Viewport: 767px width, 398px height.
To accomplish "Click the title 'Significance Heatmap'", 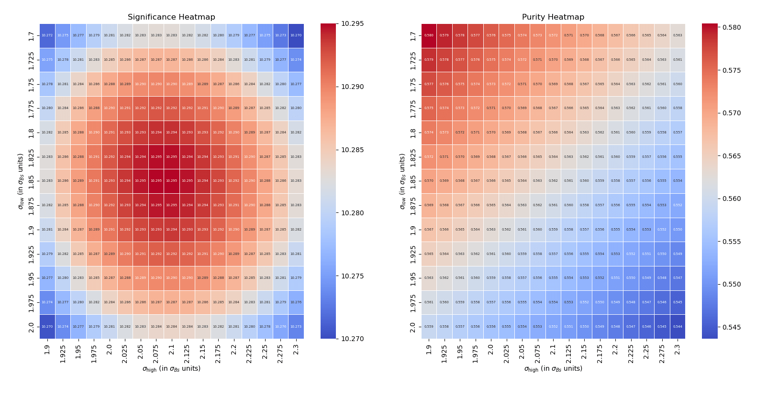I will tap(171, 17).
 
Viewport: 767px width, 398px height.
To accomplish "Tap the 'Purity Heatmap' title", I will tap(553, 17).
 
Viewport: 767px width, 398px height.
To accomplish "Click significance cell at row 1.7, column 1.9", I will tap(47, 35).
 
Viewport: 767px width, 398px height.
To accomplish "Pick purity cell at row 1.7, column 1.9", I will tap(429, 35).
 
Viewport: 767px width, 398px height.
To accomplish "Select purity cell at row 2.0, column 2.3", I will tap(678, 327).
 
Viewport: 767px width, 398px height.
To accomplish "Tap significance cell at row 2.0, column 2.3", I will tap(296, 327).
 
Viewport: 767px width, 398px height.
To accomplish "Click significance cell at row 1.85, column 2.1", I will tap(171, 181).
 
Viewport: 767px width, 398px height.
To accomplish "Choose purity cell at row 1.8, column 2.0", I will tap(491, 133).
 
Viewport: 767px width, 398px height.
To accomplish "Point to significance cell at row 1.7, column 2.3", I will tap(296, 35).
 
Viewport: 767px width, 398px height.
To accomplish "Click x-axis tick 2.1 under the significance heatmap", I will tap(172, 348).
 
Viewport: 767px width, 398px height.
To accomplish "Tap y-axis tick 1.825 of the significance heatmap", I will tap(32, 157).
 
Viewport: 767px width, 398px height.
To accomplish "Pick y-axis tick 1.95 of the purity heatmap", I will tap(413, 278).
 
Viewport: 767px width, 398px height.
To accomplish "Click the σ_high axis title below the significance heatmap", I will tap(171, 369).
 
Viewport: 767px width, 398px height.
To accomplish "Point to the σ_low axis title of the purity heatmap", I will tap(402, 181).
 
